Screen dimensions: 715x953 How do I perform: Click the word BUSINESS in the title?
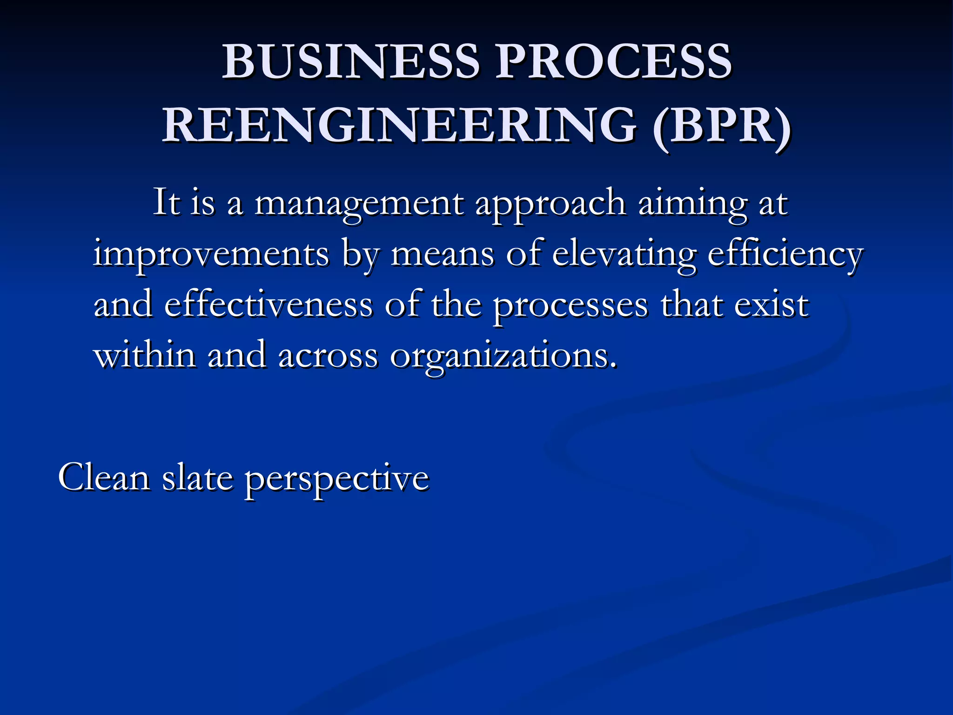(350, 62)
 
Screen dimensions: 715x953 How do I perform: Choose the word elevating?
(624, 255)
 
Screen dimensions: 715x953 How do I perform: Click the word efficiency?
(785, 255)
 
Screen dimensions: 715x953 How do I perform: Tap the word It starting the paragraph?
(167, 203)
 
